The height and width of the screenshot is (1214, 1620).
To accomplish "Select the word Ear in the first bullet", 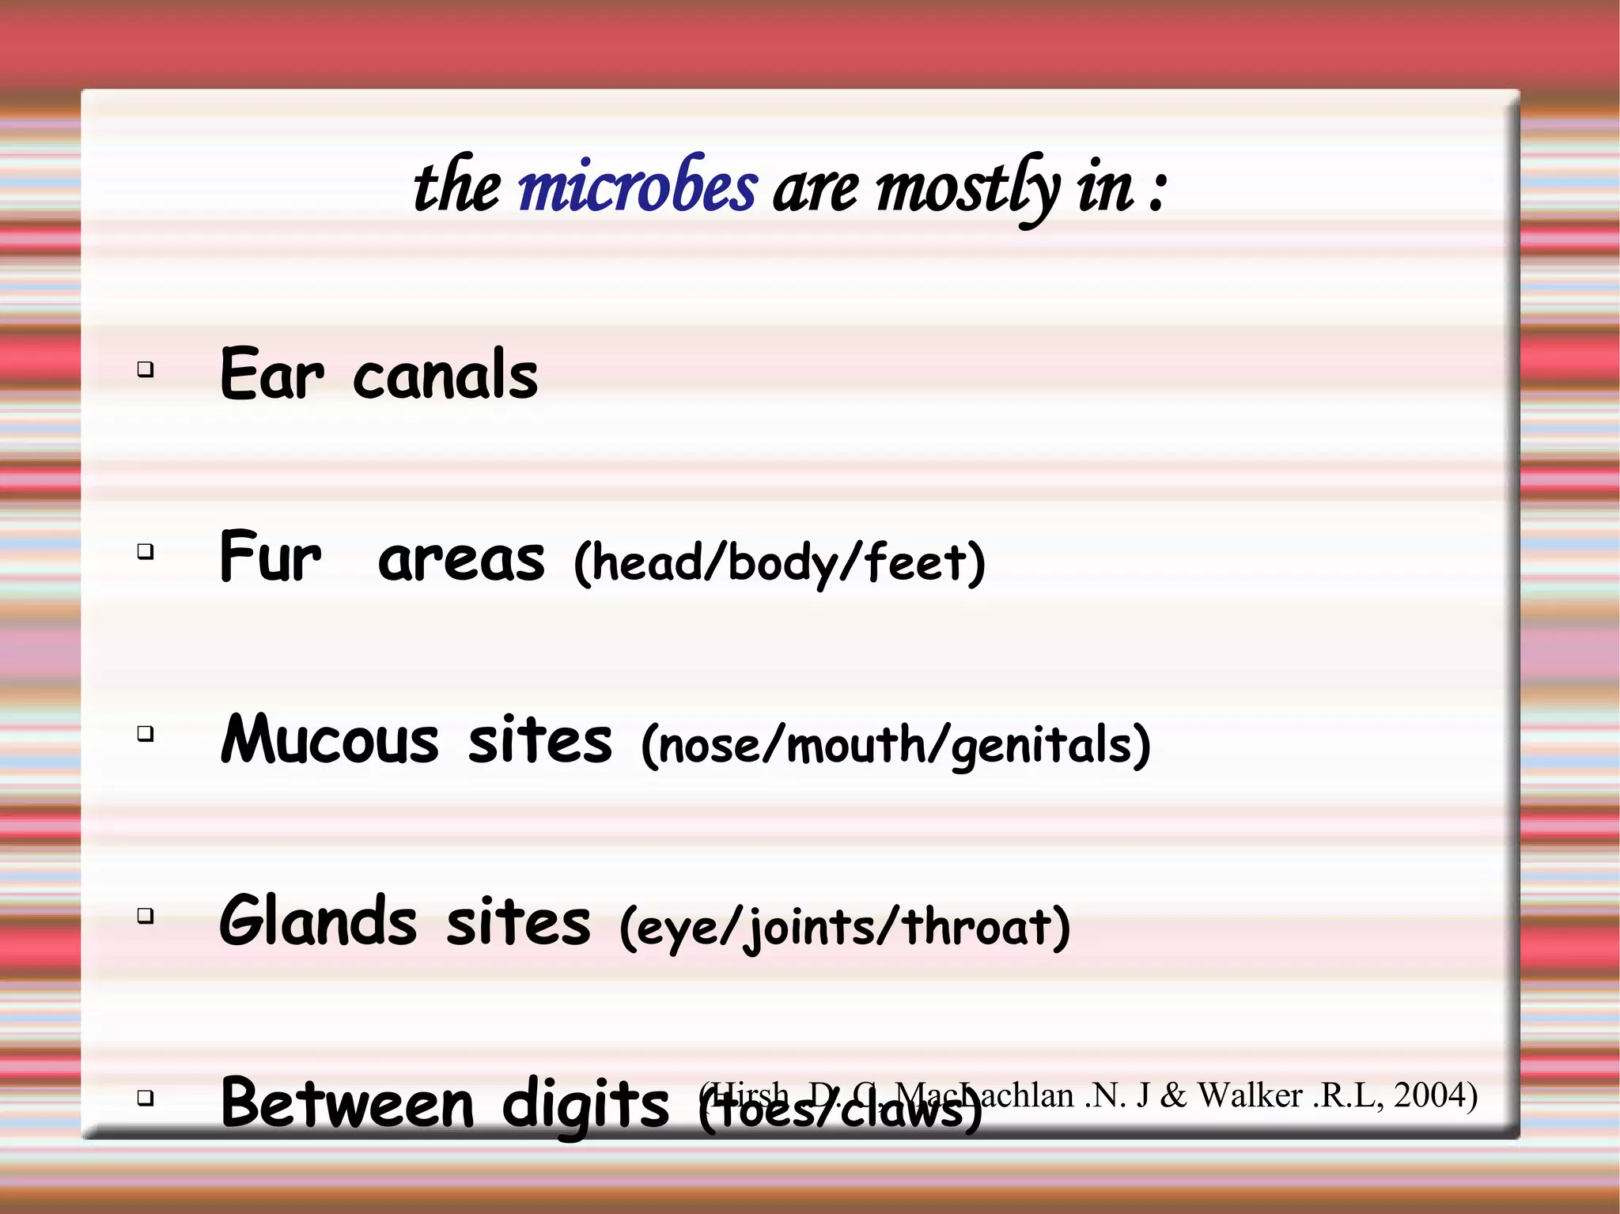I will (x=271, y=375).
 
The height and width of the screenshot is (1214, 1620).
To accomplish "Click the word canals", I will (x=445, y=375).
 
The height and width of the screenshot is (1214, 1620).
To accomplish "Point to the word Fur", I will (x=271, y=557).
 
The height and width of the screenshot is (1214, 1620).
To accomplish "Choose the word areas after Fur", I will (x=461, y=558).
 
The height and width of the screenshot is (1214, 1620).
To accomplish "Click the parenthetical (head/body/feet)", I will (x=779, y=563).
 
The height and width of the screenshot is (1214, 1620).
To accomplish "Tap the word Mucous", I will (x=329, y=739).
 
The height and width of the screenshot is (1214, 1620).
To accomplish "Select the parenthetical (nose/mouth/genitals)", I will (x=895, y=745).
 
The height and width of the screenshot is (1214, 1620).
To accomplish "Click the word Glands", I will (x=318, y=921).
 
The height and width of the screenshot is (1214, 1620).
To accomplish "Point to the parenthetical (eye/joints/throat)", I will (x=845, y=927).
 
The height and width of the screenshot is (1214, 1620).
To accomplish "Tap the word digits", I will (x=585, y=1105).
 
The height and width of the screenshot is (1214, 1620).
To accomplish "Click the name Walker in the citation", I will (x=1250, y=1095).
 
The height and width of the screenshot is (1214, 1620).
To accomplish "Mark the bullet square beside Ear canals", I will (x=145, y=369).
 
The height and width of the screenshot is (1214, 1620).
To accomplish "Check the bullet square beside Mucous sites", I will (x=145, y=734).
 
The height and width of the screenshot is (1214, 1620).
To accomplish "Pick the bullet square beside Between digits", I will (x=145, y=1098).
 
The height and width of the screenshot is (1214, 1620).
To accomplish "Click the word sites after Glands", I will (x=518, y=923).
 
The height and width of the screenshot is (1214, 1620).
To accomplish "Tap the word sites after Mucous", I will (x=540, y=741).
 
